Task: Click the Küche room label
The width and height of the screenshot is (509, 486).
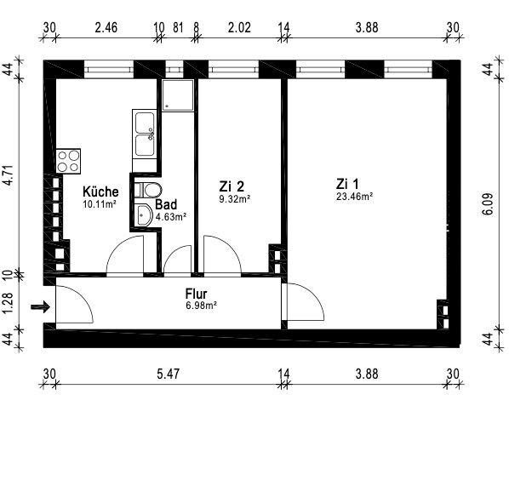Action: pos(100,192)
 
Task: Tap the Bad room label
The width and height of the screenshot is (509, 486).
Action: pos(166,204)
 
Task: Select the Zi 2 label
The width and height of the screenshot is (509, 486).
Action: pos(232,186)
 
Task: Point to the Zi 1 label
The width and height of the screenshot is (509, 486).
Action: pos(347,184)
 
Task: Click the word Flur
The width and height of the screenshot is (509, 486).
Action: pos(196,294)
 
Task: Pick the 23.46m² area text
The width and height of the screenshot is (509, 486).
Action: pos(354,197)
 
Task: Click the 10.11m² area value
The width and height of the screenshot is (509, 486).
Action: pos(100,204)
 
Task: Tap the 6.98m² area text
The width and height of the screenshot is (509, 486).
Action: pos(201,306)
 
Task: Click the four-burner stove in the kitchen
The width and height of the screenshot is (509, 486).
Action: pos(68,162)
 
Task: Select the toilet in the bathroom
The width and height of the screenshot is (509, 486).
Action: pos(148,190)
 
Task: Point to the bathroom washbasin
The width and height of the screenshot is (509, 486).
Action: pos(143,215)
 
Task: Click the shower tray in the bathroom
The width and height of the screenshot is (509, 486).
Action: pos(178,95)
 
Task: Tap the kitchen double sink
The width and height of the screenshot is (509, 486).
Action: pos(145,134)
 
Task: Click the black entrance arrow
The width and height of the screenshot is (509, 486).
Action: pos(40,306)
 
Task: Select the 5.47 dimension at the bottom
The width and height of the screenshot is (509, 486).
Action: pos(168,374)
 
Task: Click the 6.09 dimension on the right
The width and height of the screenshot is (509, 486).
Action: pos(488,204)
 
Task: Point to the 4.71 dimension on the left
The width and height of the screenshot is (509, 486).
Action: pos(9,175)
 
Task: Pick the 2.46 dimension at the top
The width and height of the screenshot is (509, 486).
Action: pos(106,27)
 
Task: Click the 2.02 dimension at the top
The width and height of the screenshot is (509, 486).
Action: pos(239,27)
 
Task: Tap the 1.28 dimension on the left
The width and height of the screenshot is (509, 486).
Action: pos(9,303)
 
